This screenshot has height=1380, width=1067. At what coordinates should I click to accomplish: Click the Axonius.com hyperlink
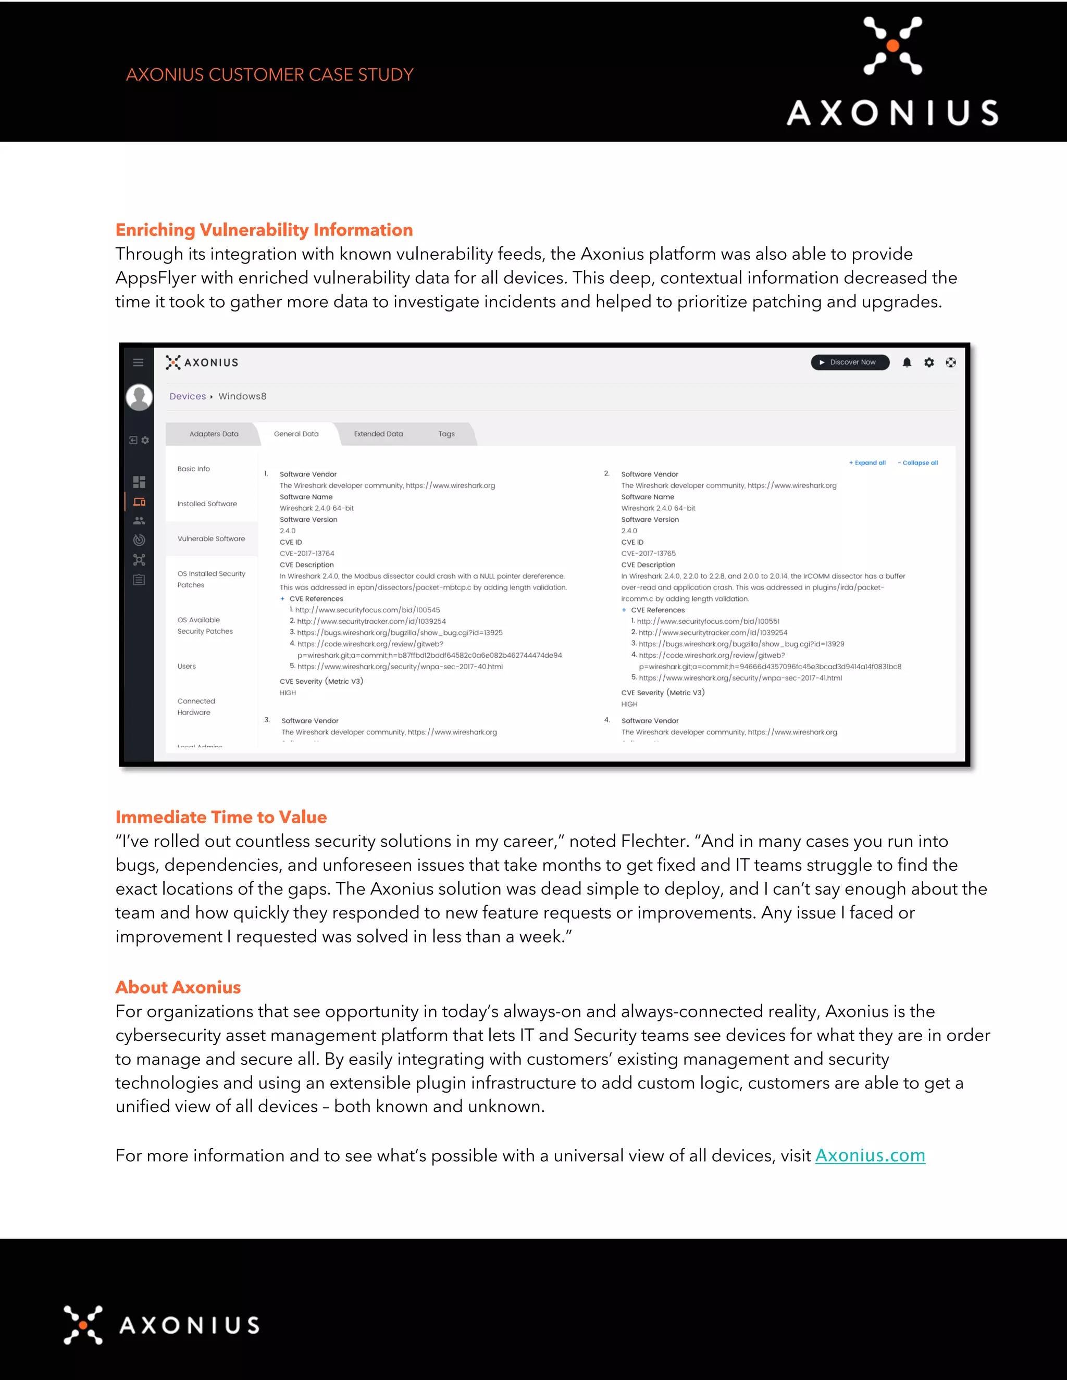pyautogui.click(x=870, y=1156)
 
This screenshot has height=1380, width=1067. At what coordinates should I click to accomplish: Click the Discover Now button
pyautogui.click(x=850, y=362)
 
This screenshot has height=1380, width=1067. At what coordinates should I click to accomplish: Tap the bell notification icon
pyautogui.click(x=907, y=362)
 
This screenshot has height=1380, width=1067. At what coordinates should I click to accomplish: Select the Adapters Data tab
pyautogui.click(x=214, y=434)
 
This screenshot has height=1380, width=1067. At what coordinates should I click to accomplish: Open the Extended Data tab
pyautogui.click(x=378, y=434)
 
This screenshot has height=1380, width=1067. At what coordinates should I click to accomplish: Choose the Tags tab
pyautogui.click(x=446, y=434)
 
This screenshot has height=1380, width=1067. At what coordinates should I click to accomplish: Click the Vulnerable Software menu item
pyautogui.click(x=211, y=539)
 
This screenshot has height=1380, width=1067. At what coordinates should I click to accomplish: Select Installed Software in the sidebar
pyautogui.click(x=207, y=504)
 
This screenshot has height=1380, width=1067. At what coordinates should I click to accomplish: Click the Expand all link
pyautogui.click(x=867, y=462)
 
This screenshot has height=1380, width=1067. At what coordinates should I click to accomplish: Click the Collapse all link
pyautogui.click(x=918, y=462)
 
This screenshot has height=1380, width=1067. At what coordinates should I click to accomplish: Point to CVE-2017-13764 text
pyautogui.click(x=307, y=554)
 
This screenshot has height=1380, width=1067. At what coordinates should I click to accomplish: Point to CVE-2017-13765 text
pyautogui.click(x=649, y=554)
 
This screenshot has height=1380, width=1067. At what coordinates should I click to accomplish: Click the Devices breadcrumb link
pyautogui.click(x=187, y=396)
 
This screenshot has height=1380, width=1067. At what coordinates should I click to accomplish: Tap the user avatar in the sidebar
pyautogui.click(x=139, y=397)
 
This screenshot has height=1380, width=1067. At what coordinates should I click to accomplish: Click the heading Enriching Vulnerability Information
pyautogui.click(x=264, y=230)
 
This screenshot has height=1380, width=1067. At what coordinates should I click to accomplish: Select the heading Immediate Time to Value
pyautogui.click(x=220, y=817)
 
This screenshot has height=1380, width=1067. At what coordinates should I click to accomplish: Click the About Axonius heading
pyautogui.click(x=178, y=987)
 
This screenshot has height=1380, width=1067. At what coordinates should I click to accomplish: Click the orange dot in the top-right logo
pyautogui.click(x=892, y=45)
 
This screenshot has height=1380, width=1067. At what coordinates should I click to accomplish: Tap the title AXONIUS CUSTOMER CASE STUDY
pyautogui.click(x=269, y=74)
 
